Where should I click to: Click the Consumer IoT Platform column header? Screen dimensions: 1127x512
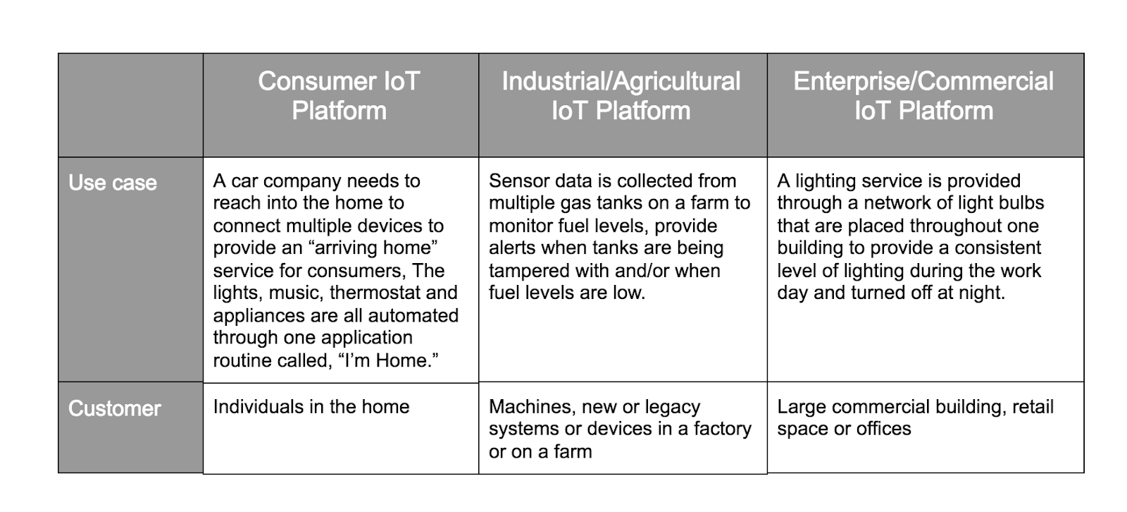(x=339, y=96)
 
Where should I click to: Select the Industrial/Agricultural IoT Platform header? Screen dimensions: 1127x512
(x=621, y=96)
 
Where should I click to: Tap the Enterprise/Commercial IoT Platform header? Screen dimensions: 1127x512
(x=923, y=96)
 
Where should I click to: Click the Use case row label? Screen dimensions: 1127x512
(x=113, y=183)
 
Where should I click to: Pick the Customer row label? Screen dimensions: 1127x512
(x=115, y=408)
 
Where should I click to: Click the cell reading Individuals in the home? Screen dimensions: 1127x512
(x=311, y=407)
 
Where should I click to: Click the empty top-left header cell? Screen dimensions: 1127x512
(x=131, y=105)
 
